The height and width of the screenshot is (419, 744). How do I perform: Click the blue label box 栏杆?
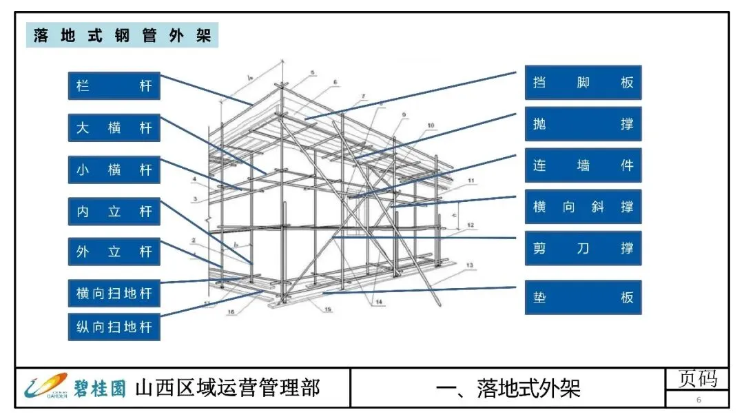(x=114, y=87)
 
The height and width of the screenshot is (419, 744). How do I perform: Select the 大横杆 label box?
(x=114, y=128)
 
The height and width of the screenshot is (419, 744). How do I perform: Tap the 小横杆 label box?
(x=114, y=170)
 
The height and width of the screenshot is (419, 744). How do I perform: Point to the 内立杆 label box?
(x=114, y=212)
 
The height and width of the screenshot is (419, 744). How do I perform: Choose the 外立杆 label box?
(x=114, y=252)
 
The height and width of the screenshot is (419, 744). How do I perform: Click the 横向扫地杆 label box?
(x=114, y=294)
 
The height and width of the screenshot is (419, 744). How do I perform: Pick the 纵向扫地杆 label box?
(x=114, y=326)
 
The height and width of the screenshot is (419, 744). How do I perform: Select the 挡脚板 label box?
(x=583, y=83)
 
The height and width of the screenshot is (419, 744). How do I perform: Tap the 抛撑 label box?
(x=583, y=124)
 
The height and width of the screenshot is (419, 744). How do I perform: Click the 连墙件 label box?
(x=583, y=165)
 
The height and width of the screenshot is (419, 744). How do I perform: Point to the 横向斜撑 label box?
(x=583, y=207)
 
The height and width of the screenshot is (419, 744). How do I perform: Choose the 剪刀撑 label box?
(x=583, y=248)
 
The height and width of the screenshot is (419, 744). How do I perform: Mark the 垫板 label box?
(x=583, y=298)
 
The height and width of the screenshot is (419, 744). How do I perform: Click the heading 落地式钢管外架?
(x=122, y=35)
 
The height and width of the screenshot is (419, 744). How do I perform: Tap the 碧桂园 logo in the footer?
(x=76, y=387)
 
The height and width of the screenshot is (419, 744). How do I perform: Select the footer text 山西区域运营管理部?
(x=227, y=387)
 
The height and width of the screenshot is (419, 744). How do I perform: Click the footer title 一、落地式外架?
(x=508, y=388)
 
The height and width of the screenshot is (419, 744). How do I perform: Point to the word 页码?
(x=698, y=378)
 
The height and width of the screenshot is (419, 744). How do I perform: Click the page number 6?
(x=699, y=400)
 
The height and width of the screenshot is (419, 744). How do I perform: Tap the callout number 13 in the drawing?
(x=470, y=265)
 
